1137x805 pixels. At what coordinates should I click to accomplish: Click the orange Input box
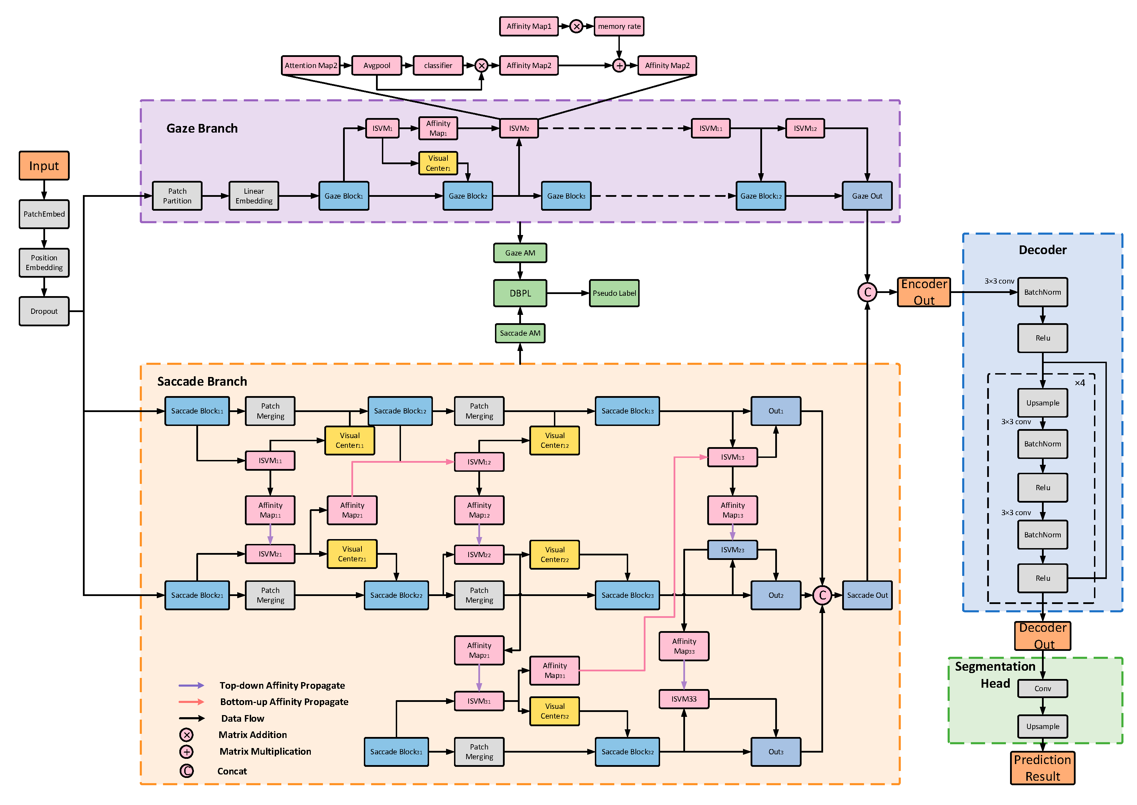coord(44,166)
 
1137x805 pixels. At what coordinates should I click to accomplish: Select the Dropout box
coord(44,311)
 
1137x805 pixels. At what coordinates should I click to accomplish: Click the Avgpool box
coord(376,65)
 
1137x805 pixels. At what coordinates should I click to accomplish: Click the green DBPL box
coord(520,293)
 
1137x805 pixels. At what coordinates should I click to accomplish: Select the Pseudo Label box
coord(614,293)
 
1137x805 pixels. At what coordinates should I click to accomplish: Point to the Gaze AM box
coord(520,253)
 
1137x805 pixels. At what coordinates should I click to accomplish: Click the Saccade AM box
coord(520,333)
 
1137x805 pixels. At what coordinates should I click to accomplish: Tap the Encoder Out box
coord(924,292)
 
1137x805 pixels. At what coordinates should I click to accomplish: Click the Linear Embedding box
coord(254,196)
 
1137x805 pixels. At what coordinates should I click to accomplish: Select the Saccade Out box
coord(867,595)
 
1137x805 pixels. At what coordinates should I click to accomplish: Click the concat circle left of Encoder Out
coord(867,292)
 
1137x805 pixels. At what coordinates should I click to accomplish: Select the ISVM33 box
coord(684,699)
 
